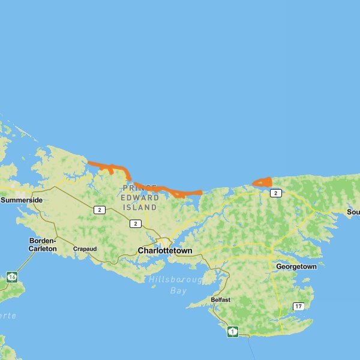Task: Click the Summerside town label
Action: tap(22, 200)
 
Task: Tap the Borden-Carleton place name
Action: tap(43, 244)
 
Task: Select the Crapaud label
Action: tap(85, 248)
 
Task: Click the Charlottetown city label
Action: tap(165, 251)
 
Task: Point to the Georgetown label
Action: tap(296, 266)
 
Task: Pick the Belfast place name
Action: tap(221, 299)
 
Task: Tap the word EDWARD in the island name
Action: tap(140, 197)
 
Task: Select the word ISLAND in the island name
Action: tap(140, 207)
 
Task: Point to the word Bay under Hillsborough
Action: tap(178, 290)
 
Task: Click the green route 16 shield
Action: tap(12, 277)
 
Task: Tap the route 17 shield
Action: tap(298, 307)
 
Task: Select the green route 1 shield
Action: tap(232, 331)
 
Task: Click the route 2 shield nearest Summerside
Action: tap(100, 209)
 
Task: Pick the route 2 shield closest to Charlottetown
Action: tap(136, 223)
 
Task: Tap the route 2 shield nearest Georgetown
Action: tap(275, 193)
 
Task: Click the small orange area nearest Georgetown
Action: tap(263, 182)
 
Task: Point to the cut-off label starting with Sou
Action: tap(353, 212)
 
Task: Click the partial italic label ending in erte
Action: tap(8, 316)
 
